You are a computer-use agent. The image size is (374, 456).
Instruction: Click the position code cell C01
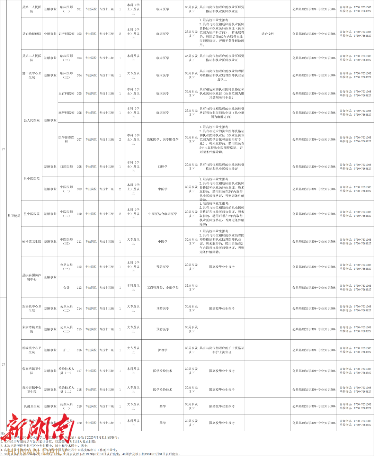pyautogui.click(x=79, y=9)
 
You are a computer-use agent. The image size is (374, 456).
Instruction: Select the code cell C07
pyautogui.click(x=79, y=140)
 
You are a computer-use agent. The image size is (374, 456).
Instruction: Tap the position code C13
pyautogui.click(x=79, y=288)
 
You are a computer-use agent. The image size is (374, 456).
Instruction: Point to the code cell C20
pyautogui.click(x=79, y=423)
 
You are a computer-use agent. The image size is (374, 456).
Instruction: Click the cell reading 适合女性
pyautogui.click(x=268, y=34)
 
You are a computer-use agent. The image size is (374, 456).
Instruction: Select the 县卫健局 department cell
pyautogui.click(x=14, y=216)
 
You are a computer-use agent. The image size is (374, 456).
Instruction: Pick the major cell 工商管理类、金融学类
pyautogui.click(x=163, y=288)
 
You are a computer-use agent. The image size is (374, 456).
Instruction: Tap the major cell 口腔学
pyautogui.click(x=163, y=167)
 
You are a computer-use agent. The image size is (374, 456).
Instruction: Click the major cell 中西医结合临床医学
pyautogui.click(x=163, y=214)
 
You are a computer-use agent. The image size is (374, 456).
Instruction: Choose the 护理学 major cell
pyautogui.click(x=163, y=350)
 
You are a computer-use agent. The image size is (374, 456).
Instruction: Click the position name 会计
pyautogui.click(x=66, y=288)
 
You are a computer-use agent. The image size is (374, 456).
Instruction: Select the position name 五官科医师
pyautogui.click(x=66, y=93)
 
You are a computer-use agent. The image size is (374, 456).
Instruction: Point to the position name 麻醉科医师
pyautogui.click(x=66, y=113)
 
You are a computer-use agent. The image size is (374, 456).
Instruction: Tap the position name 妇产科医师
pyautogui.click(x=66, y=34)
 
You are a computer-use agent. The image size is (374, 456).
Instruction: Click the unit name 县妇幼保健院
pyautogui.click(x=32, y=34)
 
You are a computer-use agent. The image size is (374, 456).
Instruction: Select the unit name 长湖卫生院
pyautogui.click(x=32, y=406)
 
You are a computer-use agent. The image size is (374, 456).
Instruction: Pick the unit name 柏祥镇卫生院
pyautogui.click(x=32, y=242)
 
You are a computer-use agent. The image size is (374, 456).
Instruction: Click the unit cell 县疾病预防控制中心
pyautogui.click(x=32, y=277)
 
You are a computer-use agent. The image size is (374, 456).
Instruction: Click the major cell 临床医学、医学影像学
pyautogui.click(x=163, y=140)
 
